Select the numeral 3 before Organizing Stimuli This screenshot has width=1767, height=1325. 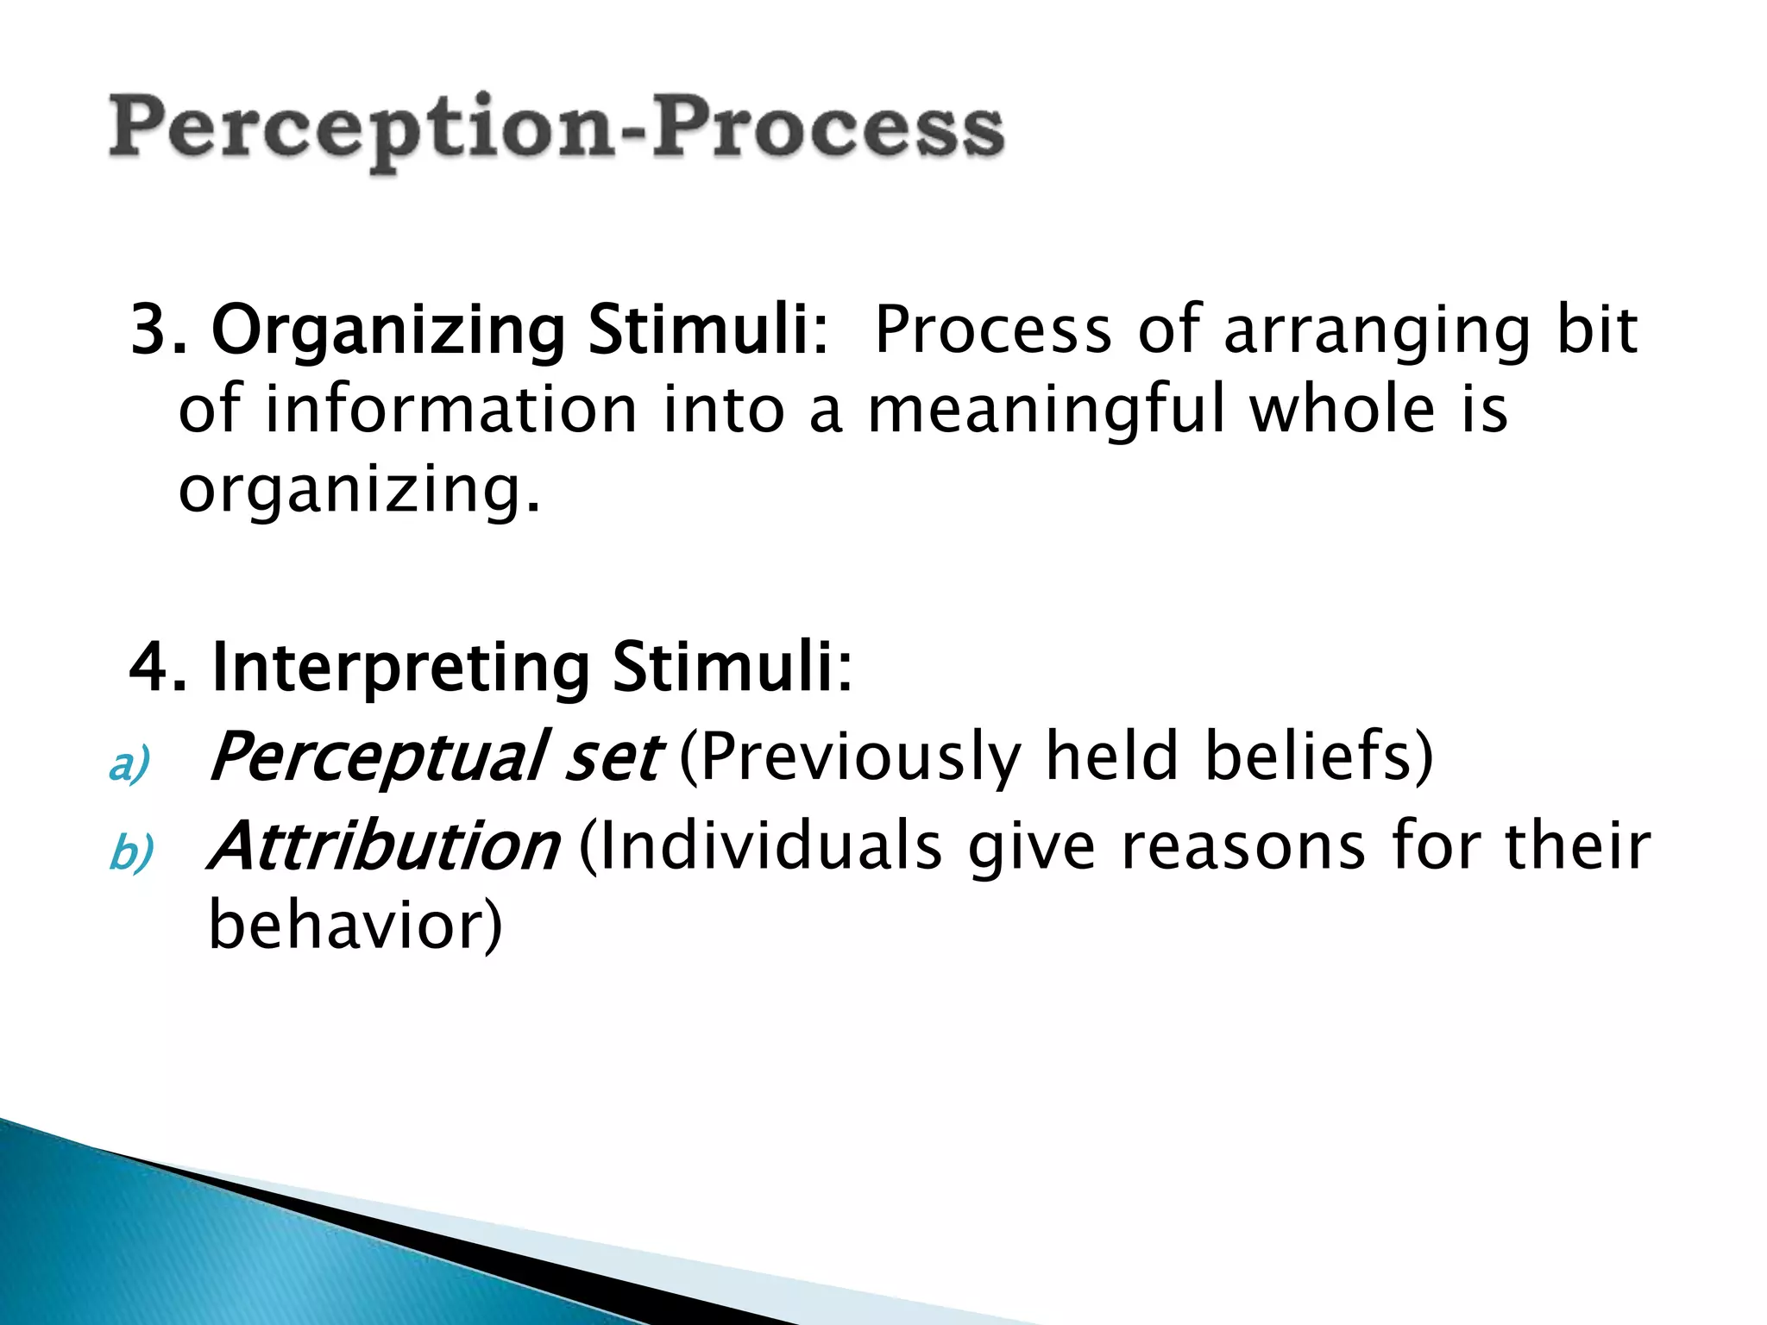(x=148, y=330)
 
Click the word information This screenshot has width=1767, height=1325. (x=450, y=410)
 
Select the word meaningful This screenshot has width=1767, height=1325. (x=1046, y=411)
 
